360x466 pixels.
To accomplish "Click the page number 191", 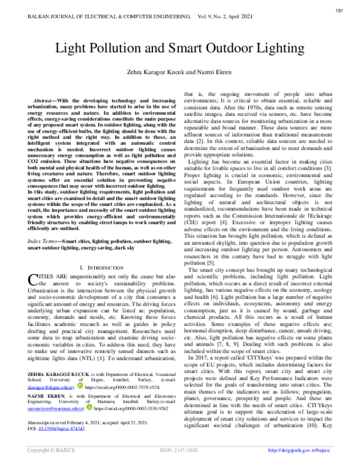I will [340, 11].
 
